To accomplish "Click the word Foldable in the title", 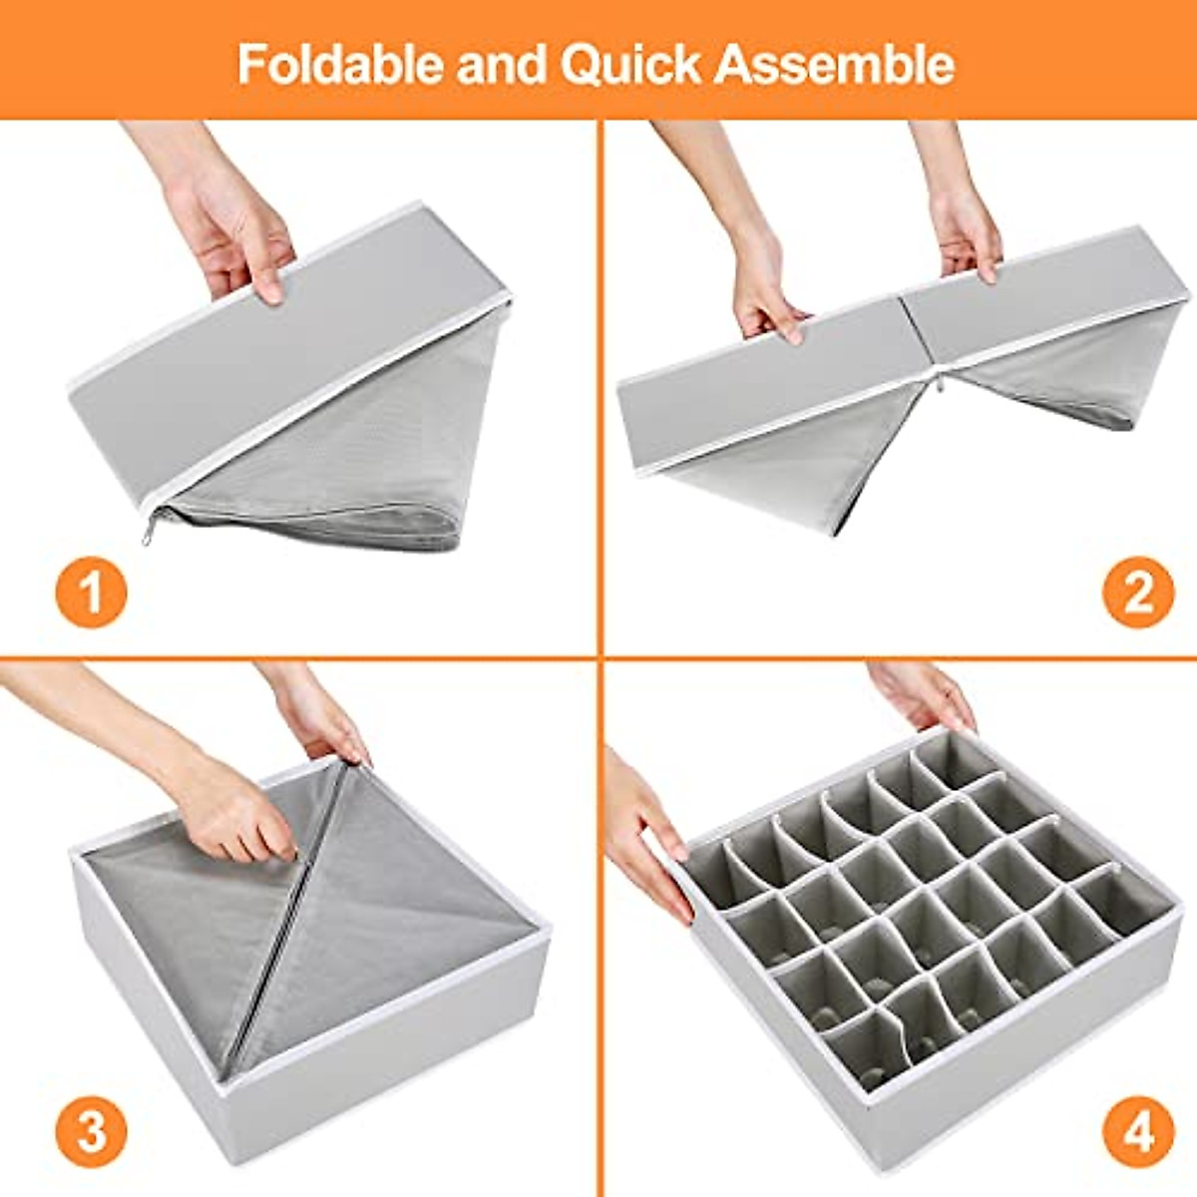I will click(339, 65).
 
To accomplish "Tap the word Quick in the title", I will click(630, 65).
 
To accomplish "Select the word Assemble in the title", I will click(834, 65).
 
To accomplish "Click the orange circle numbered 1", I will click(91, 592).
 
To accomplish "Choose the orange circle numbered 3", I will click(91, 1133).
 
